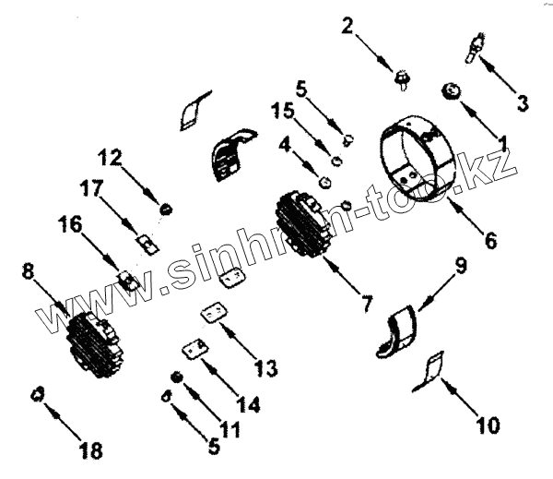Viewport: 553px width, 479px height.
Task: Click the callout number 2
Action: [x=347, y=26]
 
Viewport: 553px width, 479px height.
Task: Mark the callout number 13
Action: [x=265, y=369]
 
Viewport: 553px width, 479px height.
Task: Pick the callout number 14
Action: [x=247, y=404]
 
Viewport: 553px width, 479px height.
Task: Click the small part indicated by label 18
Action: [x=37, y=394]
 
